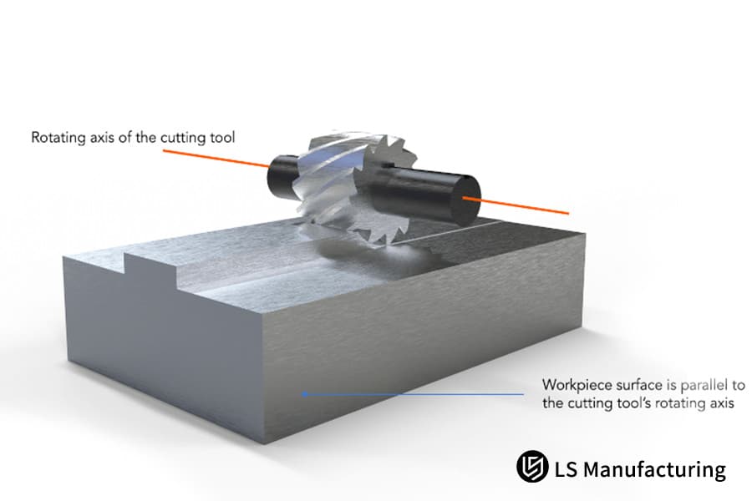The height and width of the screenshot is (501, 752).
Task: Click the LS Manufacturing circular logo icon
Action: [531, 467]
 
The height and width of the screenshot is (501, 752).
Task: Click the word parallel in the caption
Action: [696, 386]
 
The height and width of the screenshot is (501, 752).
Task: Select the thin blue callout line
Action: [418, 392]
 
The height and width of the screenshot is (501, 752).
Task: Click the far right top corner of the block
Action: [584, 235]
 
